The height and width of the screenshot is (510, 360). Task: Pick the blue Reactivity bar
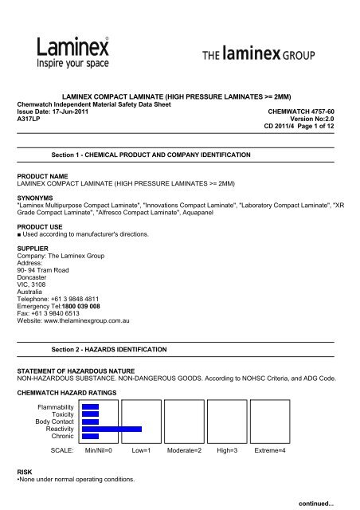(x=112, y=429)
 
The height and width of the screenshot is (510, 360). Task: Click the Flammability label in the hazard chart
(x=58, y=406)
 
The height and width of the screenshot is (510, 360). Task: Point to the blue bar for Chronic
(x=90, y=436)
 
